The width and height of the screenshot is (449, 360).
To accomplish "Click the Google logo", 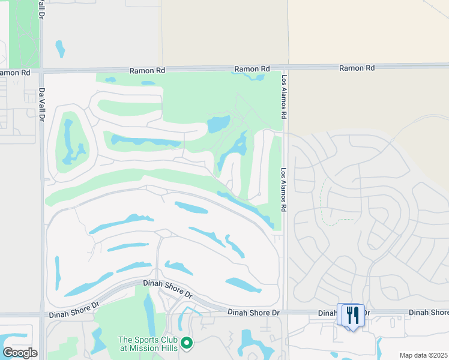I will coord(20,353).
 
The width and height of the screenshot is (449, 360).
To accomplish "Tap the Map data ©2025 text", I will coord(423,355).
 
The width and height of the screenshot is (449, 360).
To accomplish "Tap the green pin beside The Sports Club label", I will coord(187,343).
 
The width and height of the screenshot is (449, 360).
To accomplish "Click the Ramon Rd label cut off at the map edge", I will coord(15,73).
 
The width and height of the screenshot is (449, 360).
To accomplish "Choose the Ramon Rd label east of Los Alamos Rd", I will coord(357,68).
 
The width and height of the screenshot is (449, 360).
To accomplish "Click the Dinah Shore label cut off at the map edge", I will coord(429,313).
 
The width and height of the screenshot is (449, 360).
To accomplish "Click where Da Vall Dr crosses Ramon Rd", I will coord(41,71).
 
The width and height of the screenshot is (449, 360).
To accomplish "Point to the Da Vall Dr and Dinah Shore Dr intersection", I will coord(42,314).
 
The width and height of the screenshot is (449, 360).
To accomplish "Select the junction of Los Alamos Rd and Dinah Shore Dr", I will coord(285,312).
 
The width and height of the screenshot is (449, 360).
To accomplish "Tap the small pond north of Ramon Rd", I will coord(59,48).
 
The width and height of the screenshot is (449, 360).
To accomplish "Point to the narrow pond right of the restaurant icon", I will coord(379,346).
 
